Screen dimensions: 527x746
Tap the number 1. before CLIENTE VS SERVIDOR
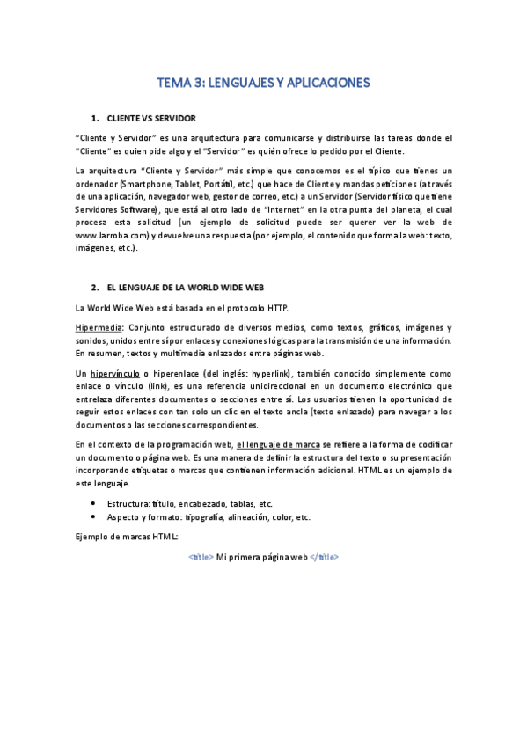click(x=94, y=117)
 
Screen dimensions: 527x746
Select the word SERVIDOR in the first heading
click(x=176, y=117)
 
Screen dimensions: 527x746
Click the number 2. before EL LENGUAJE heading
click(x=94, y=288)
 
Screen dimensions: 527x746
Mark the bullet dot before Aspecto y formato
click(x=93, y=517)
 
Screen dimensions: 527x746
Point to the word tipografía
click(x=209, y=517)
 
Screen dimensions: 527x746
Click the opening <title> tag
click(x=200, y=558)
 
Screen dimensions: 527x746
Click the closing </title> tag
click(x=324, y=558)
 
